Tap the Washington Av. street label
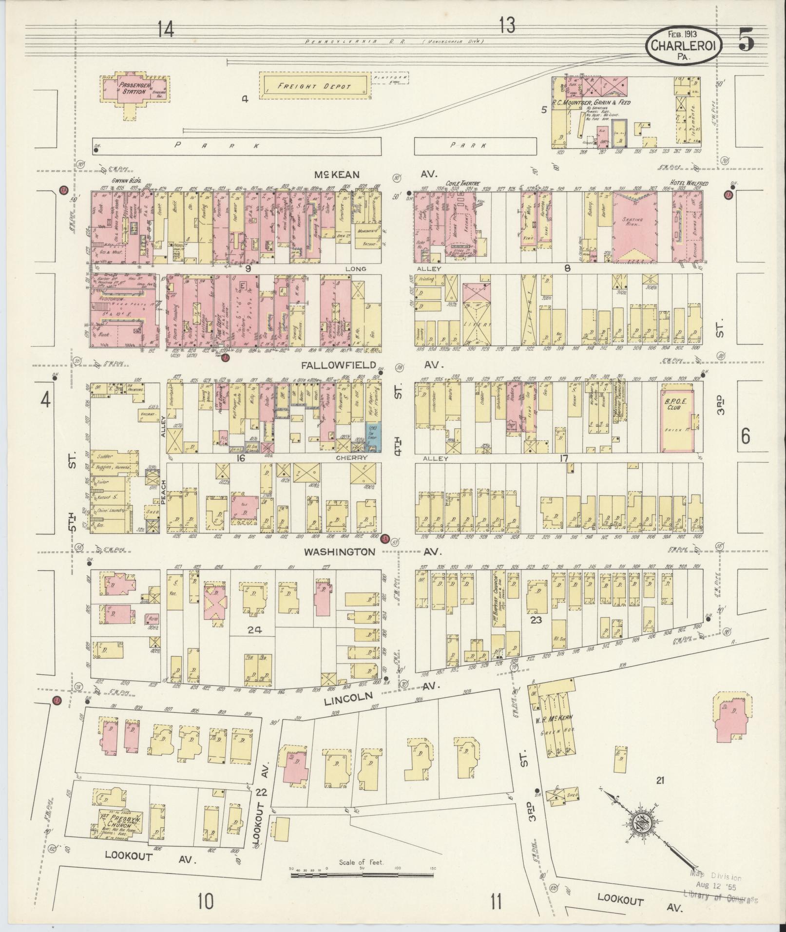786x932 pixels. click(340, 552)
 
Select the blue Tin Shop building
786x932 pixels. click(373, 436)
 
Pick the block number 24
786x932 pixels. click(254, 629)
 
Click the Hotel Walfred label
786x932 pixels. click(688, 183)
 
